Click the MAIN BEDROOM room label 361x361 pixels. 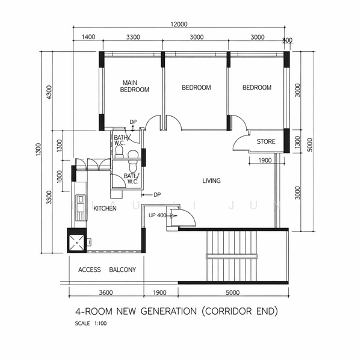click(x=134, y=86)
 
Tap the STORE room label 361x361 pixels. click(x=266, y=142)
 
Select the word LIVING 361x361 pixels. click(x=211, y=180)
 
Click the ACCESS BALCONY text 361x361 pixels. click(x=107, y=270)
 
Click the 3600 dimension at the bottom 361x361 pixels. click(x=106, y=293)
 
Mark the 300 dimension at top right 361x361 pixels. click(x=287, y=40)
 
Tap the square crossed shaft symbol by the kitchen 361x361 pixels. click(x=77, y=242)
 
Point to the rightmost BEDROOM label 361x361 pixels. click(x=257, y=88)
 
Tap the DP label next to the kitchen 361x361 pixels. click(x=156, y=194)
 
